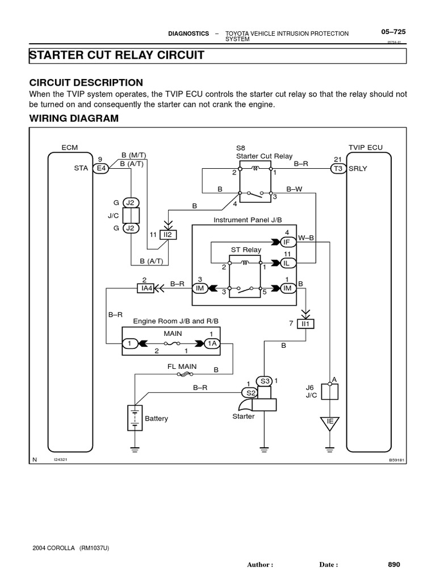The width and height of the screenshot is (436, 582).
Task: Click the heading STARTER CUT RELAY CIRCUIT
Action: coord(116,55)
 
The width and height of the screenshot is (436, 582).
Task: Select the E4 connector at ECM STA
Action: coord(102,168)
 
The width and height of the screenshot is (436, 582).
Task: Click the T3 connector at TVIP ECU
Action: coord(338,168)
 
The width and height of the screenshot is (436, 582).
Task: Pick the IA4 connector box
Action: coord(146,288)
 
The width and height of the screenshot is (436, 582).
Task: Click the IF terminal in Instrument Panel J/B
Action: coord(287,242)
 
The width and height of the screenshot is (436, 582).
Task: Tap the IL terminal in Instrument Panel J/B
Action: coord(287,263)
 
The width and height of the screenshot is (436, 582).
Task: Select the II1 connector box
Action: coord(306,323)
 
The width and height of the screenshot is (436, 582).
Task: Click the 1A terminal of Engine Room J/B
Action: coord(212,343)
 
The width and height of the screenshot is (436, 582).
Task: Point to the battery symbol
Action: coord(135,418)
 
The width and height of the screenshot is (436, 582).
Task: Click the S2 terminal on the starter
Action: coord(250,393)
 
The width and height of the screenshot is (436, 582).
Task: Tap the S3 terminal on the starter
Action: coord(265,381)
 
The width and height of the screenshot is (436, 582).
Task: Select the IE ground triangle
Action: coord(330,422)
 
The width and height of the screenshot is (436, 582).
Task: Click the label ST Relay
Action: coord(246,250)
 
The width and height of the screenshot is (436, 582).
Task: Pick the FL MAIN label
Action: coord(182,367)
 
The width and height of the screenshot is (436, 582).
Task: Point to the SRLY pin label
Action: coord(358,168)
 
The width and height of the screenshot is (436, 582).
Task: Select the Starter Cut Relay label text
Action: coord(257,155)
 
